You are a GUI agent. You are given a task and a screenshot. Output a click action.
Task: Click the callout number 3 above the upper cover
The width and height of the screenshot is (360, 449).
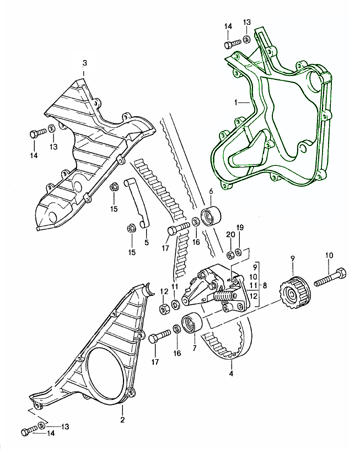(84, 62)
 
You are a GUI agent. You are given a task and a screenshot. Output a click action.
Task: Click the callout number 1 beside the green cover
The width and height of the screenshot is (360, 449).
(236, 102)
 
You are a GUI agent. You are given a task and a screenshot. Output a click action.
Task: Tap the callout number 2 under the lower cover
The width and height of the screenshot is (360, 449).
(122, 420)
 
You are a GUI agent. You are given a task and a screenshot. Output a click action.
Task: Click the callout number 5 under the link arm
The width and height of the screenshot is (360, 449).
(146, 241)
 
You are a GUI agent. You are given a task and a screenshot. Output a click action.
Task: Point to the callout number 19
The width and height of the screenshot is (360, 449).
(240, 227)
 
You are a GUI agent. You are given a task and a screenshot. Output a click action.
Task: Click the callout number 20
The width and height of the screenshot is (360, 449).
(228, 235)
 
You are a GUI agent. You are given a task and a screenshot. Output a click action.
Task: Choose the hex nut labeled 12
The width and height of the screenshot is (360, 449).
(164, 309)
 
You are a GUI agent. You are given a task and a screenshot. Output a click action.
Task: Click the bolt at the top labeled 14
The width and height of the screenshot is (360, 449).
(231, 43)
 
